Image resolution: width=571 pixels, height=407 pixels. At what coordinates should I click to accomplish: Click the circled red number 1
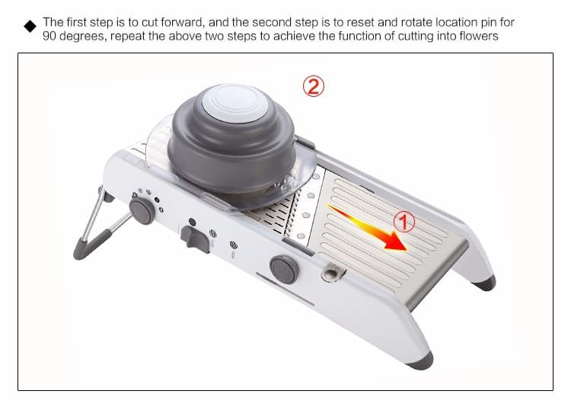coord(404,221)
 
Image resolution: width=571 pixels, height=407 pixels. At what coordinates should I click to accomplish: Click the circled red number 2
coord(313,86)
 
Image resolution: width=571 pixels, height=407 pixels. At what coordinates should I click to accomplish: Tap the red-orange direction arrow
coord(367,228)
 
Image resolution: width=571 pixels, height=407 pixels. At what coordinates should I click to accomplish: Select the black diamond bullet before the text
coord(30,26)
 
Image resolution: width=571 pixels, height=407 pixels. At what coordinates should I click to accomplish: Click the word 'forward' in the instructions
coord(182,22)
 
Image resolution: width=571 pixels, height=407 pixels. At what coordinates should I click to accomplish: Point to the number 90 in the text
coord(49,36)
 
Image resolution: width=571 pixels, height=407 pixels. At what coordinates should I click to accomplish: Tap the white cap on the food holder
coord(235,103)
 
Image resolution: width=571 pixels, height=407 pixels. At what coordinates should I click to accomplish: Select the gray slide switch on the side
coord(195,239)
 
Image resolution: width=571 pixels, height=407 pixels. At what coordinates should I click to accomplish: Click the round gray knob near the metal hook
coord(284,270)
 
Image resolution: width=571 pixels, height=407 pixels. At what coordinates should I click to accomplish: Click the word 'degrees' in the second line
coord(83,37)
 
